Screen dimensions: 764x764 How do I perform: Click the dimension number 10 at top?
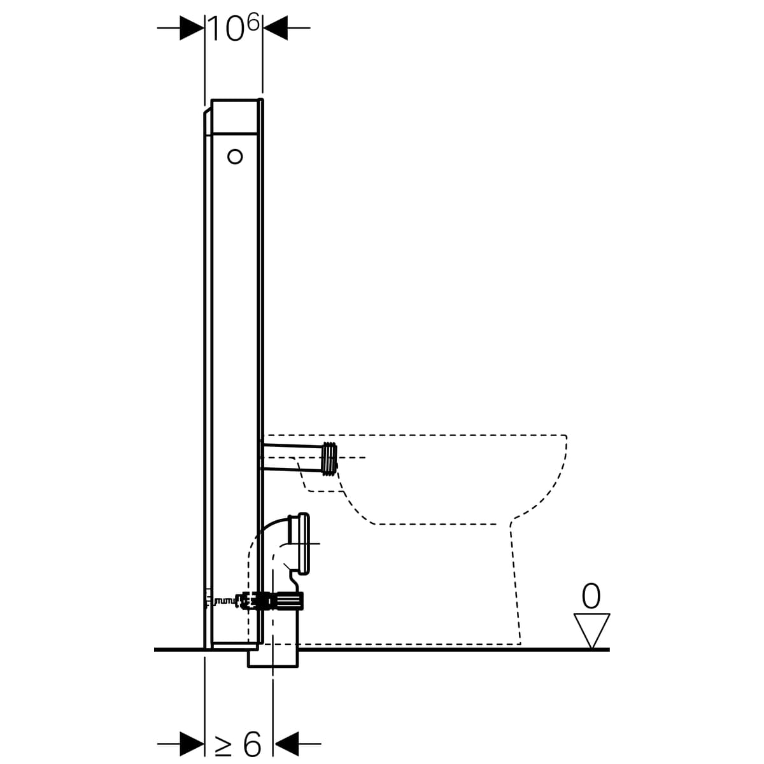coord(225,29)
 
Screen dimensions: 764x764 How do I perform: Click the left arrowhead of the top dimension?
coord(192,28)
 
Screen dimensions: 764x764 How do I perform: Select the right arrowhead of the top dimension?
coord(275,28)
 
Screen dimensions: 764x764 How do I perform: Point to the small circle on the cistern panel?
coord(235,157)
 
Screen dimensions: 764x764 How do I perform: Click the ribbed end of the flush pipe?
coord(329,458)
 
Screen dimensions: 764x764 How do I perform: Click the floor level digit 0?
coord(591,596)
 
